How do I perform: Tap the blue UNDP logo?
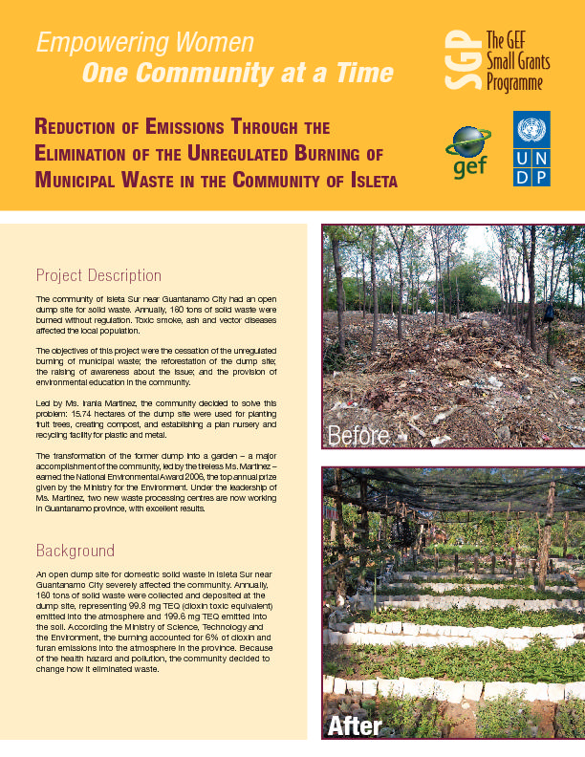(531, 148)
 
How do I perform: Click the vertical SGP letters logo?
(460, 59)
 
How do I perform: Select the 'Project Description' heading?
(98, 275)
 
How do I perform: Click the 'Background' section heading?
(76, 551)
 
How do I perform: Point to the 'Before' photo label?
(358, 436)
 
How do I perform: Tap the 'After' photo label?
(355, 726)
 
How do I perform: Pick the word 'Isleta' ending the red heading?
(364, 180)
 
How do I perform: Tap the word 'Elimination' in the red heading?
(94, 153)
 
